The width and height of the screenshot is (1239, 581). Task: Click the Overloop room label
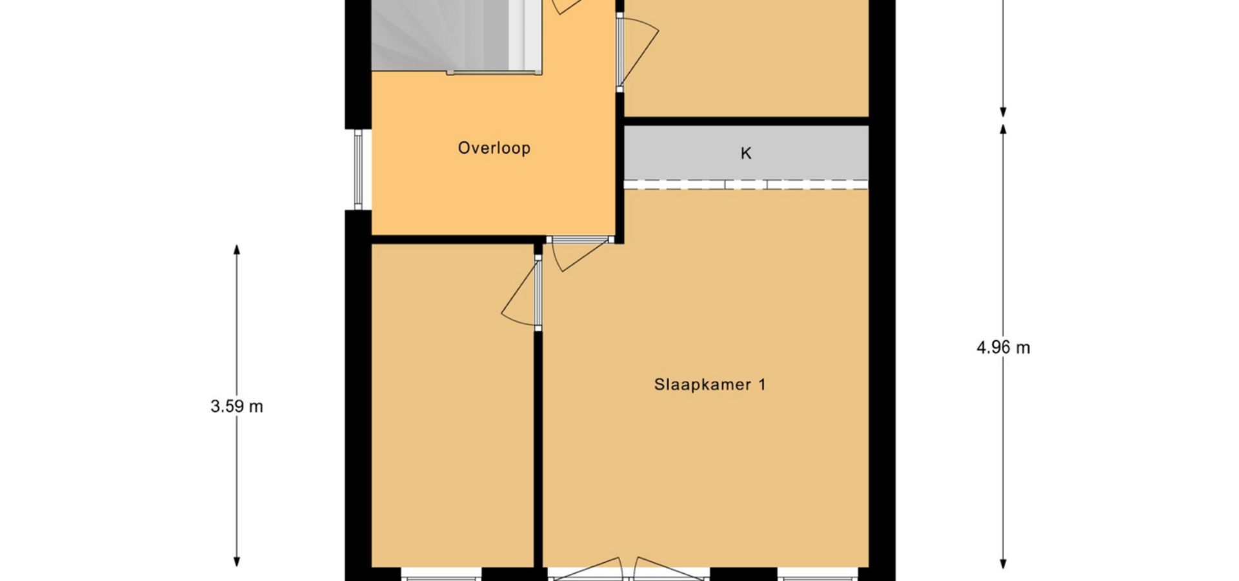click(494, 148)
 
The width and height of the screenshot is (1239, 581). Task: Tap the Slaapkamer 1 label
click(710, 385)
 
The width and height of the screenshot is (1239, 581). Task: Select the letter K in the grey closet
click(746, 154)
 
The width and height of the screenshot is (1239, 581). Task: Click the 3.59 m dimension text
click(237, 407)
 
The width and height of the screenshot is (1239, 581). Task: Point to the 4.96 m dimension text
click(1003, 348)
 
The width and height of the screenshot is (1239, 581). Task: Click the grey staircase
click(456, 36)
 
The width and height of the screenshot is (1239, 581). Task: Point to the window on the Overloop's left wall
click(358, 169)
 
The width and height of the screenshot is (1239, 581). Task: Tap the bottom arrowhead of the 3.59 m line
click(237, 562)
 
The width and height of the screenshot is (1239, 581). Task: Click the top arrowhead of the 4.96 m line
click(1003, 129)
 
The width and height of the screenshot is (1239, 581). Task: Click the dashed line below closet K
click(746, 188)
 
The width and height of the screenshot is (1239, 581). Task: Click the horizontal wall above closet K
click(746, 121)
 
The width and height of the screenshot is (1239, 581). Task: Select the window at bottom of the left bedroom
click(441, 575)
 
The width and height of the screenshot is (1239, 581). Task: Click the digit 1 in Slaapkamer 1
click(762, 385)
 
